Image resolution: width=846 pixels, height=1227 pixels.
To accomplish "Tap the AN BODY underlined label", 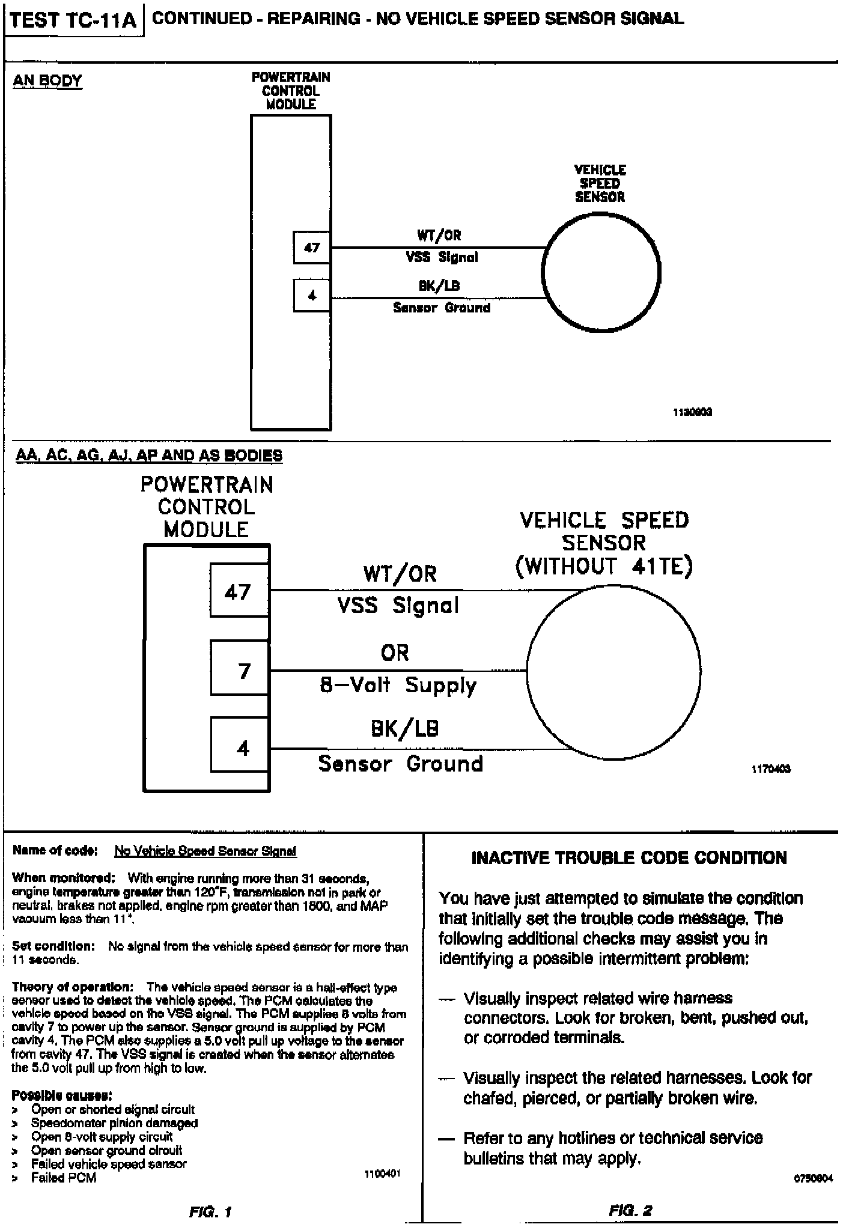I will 47,81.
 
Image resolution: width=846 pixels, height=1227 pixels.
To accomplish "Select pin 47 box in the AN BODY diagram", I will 312,247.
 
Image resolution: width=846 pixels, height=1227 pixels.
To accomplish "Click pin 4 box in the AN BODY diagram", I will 312,295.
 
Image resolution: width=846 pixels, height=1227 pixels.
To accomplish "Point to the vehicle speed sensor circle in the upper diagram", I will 600,273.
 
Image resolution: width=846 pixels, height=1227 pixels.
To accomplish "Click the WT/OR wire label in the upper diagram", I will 439,235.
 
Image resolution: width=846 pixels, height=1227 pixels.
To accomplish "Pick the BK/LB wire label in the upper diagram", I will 439,285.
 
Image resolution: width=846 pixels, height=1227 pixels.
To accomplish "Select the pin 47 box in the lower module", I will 239,592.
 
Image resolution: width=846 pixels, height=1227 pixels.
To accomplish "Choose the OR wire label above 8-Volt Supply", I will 395,653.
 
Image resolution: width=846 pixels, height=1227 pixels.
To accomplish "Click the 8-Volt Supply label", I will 398,685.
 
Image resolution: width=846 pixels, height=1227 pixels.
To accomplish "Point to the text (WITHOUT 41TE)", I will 604,566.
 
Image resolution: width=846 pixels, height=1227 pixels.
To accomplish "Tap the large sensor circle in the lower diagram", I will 613,671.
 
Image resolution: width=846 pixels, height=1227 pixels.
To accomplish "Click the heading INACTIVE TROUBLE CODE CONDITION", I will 629,857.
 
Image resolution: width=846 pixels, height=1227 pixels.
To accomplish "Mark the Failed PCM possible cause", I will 63,1178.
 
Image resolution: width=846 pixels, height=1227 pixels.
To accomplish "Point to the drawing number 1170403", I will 771,769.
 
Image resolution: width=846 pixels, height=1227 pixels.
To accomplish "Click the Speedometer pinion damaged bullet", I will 114,1122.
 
